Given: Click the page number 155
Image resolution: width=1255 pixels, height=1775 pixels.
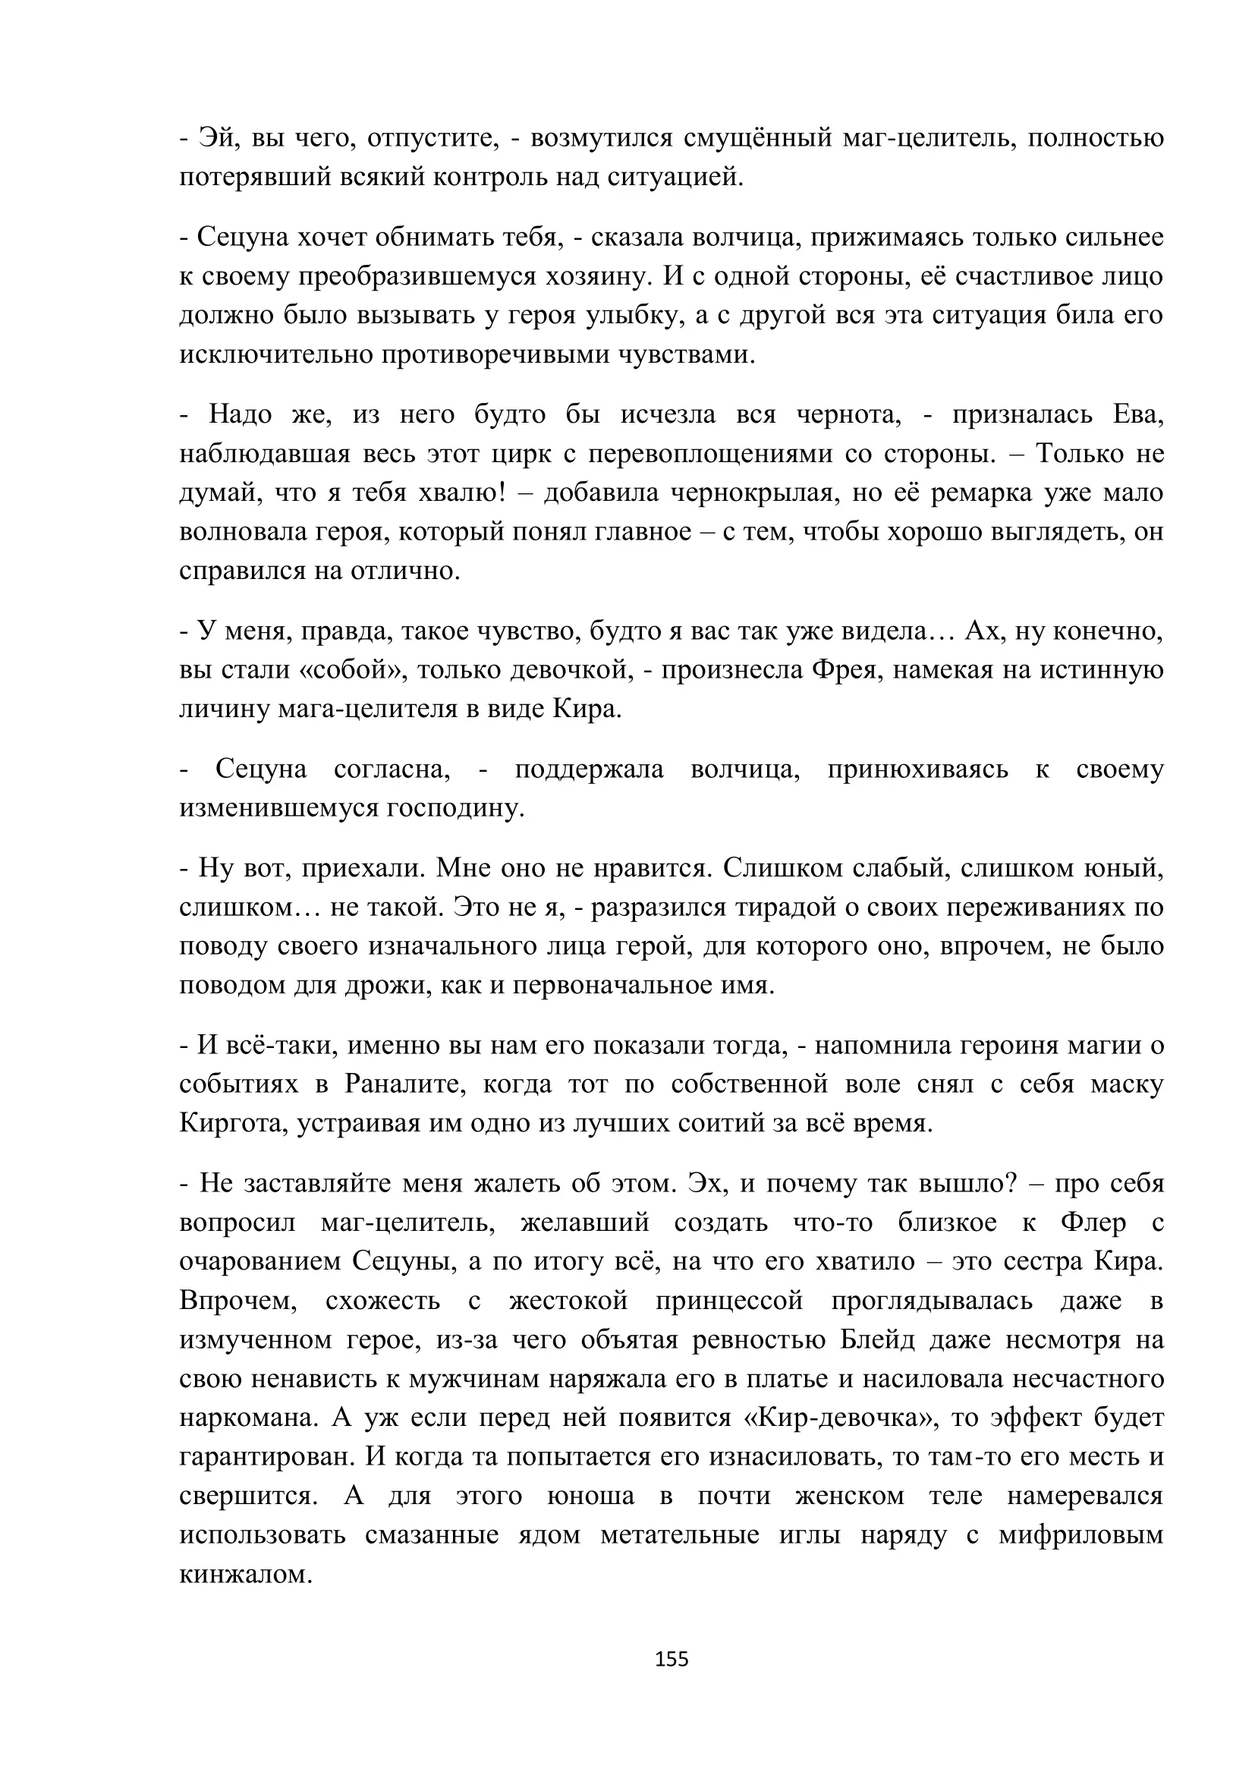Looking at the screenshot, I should click(671, 1659).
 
